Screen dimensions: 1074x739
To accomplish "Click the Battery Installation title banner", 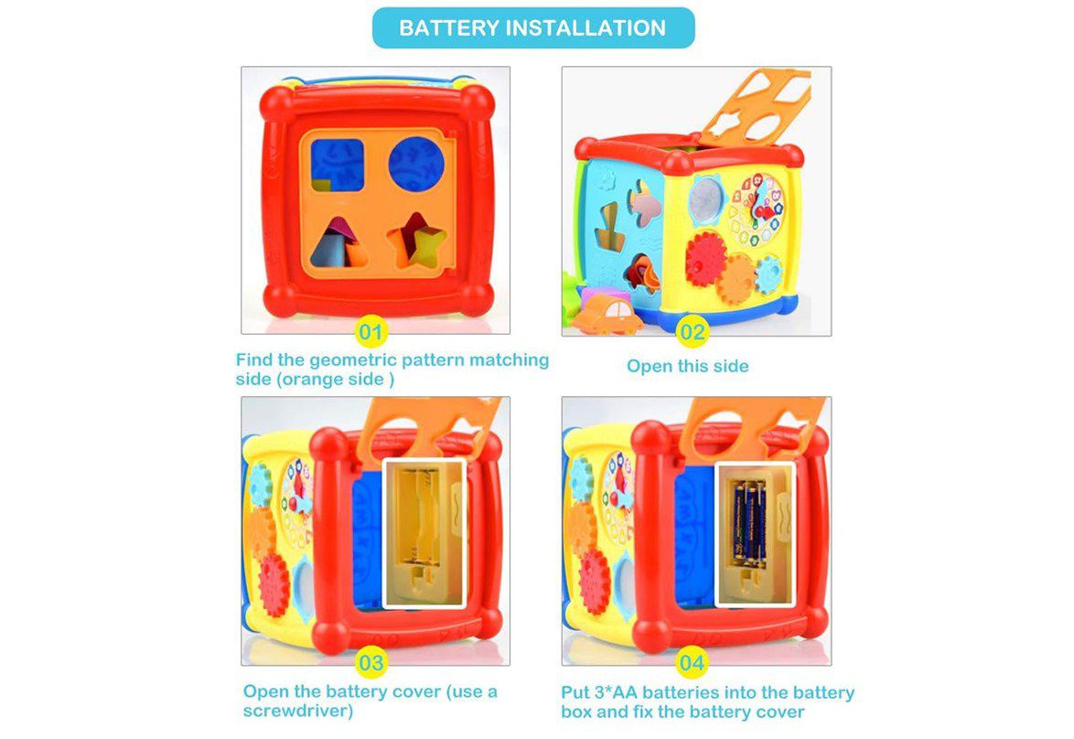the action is [x=533, y=28].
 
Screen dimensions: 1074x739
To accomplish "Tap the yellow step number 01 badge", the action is [x=371, y=333].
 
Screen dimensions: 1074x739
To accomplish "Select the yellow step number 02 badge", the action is [x=692, y=333].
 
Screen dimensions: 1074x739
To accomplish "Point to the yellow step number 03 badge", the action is [x=371, y=663].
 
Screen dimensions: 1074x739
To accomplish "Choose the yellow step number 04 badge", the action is [x=692, y=663].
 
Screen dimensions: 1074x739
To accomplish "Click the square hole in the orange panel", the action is [x=337, y=165].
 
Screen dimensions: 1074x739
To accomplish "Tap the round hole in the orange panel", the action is [x=416, y=165].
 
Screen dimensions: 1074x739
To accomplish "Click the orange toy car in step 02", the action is [x=607, y=314].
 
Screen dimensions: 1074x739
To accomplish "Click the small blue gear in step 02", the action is [x=768, y=273].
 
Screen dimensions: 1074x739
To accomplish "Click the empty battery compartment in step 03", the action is [x=424, y=533].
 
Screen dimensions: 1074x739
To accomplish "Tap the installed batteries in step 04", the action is [x=749, y=523].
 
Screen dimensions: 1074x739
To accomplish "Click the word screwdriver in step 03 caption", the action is [x=298, y=711].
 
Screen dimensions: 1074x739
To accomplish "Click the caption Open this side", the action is [x=688, y=367].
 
